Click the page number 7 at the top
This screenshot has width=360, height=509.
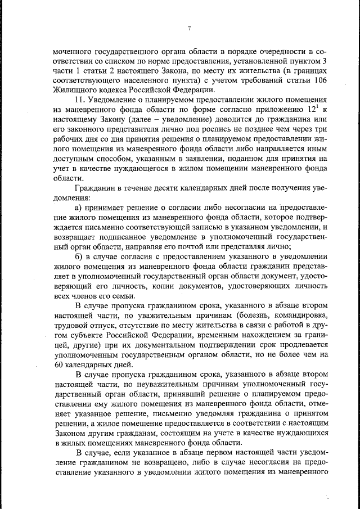(x=190, y=29)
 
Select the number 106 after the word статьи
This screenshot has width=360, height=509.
(x=318, y=79)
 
